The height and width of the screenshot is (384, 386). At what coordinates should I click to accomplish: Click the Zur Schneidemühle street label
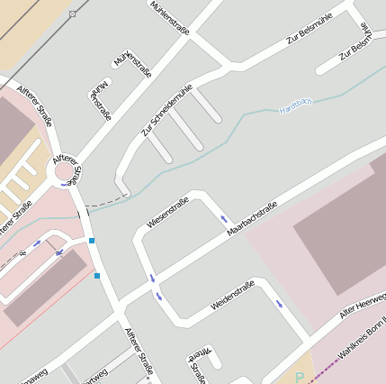pyautogui.click(x=166, y=114)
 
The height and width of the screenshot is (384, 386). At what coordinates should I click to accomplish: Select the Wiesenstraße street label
pyautogui.click(x=166, y=211)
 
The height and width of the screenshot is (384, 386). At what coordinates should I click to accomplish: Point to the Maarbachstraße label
pyautogui.click(x=251, y=220)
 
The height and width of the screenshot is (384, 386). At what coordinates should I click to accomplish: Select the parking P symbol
pyautogui.click(x=299, y=378)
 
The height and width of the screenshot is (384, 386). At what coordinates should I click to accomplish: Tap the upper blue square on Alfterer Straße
pyautogui.click(x=92, y=241)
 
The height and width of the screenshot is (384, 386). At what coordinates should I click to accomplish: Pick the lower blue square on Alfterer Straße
pyautogui.click(x=97, y=276)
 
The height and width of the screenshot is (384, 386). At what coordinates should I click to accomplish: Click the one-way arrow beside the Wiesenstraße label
pyautogui.click(x=222, y=218)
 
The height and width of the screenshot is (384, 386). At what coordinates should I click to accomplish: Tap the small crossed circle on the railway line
pyautogui.click(x=73, y=14)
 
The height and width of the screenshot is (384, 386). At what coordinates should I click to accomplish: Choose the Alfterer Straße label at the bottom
pyautogui.click(x=139, y=352)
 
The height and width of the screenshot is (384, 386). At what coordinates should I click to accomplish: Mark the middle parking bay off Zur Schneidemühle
pyautogui.click(x=187, y=129)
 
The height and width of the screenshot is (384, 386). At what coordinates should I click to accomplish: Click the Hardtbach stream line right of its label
pyautogui.click(x=342, y=90)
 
